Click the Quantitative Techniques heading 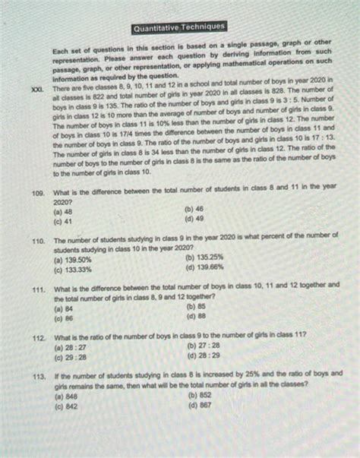pyautogui.click(x=180, y=29)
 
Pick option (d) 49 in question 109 pyautogui.click(x=194, y=217)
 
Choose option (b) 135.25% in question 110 pyautogui.click(x=204, y=257)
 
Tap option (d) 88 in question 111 pyautogui.click(x=195, y=316)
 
